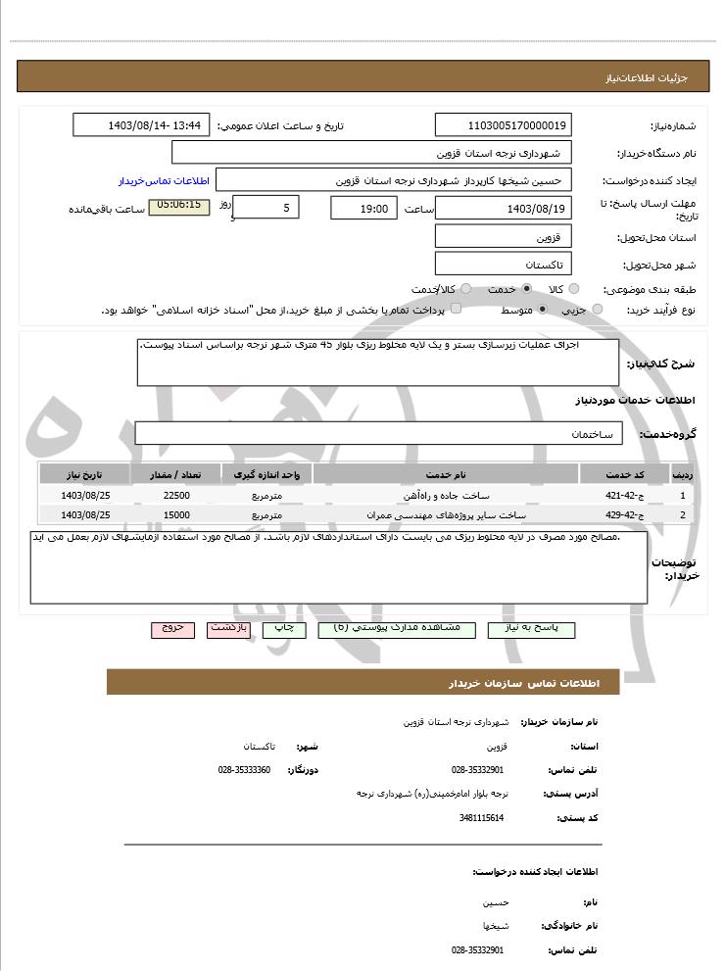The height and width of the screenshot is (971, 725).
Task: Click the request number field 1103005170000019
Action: [504, 125]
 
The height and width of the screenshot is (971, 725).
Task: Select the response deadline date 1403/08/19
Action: [504, 209]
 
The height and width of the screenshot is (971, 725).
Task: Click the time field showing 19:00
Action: [364, 209]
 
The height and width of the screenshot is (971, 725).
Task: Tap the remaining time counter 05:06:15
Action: [178, 207]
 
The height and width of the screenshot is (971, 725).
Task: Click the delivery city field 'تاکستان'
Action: [504, 265]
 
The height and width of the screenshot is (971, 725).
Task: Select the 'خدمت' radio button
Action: [527, 289]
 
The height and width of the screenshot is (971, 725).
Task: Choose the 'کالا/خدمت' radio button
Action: [465, 289]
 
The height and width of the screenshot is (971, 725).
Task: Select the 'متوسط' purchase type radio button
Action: [542, 310]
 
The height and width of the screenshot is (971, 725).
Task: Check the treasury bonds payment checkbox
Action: [425, 310]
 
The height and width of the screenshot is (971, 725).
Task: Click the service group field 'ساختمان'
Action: [378, 433]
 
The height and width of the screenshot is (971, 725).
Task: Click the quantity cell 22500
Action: [176, 496]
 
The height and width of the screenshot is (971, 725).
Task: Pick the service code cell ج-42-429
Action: [623, 514]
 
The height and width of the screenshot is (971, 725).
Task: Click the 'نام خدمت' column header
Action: [446, 474]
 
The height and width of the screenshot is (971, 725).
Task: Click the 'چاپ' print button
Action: [283, 628]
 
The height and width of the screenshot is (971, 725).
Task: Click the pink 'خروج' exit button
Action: [172, 628]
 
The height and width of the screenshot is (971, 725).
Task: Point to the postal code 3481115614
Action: [480, 817]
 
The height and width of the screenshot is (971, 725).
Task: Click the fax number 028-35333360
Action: [244, 770]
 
